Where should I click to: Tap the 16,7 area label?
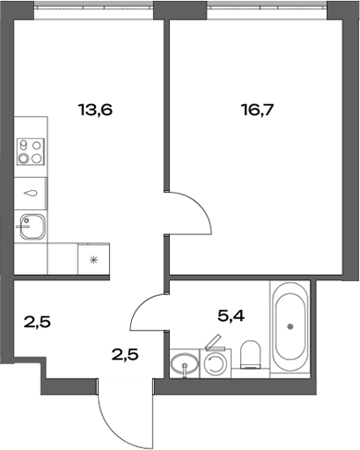pos(256,109)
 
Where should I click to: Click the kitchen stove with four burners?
pos(30,151)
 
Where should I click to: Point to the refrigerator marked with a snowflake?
pos(92,259)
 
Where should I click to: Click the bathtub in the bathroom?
pos(291,327)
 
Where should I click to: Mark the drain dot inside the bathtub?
pos(291,326)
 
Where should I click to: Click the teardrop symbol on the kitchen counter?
pos(31,193)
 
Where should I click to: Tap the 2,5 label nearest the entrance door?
pos(125,353)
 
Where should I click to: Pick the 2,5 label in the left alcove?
pos(36,323)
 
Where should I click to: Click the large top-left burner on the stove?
pos(24,145)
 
